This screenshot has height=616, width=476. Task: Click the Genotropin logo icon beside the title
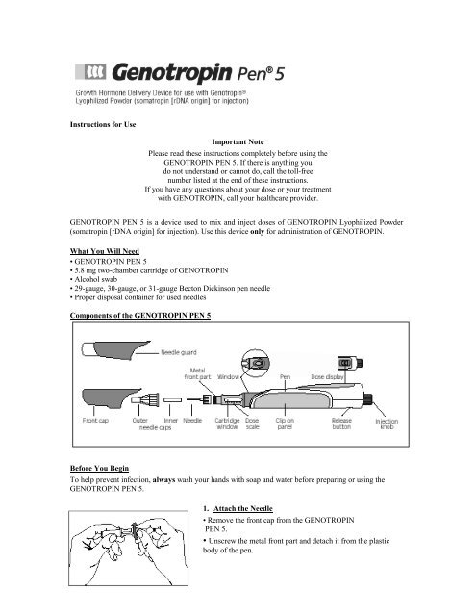pyautogui.click(x=90, y=72)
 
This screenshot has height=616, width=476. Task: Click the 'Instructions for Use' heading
pyautogui.click(x=103, y=124)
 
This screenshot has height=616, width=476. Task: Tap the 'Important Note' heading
pyautogui.click(x=238, y=141)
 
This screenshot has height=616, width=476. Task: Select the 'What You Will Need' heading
pyautogui.click(x=105, y=251)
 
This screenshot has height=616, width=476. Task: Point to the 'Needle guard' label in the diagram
pyautogui.click(x=179, y=352)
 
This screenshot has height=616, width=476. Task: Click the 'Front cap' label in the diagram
pyautogui.click(x=95, y=420)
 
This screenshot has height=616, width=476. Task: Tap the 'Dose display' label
pyautogui.click(x=327, y=376)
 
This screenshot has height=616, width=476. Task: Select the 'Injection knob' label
pyautogui.click(x=387, y=423)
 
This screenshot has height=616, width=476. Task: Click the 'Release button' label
pyautogui.click(x=341, y=423)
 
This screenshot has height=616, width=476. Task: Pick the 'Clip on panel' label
pyautogui.click(x=285, y=423)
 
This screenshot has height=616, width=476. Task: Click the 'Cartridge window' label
pyautogui.click(x=227, y=423)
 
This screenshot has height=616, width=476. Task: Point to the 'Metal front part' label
pyautogui.click(x=197, y=373)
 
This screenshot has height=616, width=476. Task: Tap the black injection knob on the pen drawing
pyautogui.click(x=368, y=399)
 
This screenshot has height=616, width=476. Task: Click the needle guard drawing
pyautogui.click(x=115, y=350)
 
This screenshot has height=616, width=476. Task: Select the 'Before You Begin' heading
pyautogui.click(x=99, y=468)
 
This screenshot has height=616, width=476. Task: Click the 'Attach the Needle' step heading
pyautogui.click(x=243, y=508)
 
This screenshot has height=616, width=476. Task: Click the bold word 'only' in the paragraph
pyautogui.click(x=257, y=231)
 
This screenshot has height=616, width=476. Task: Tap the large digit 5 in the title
pyautogui.click(x=279, y=74)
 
